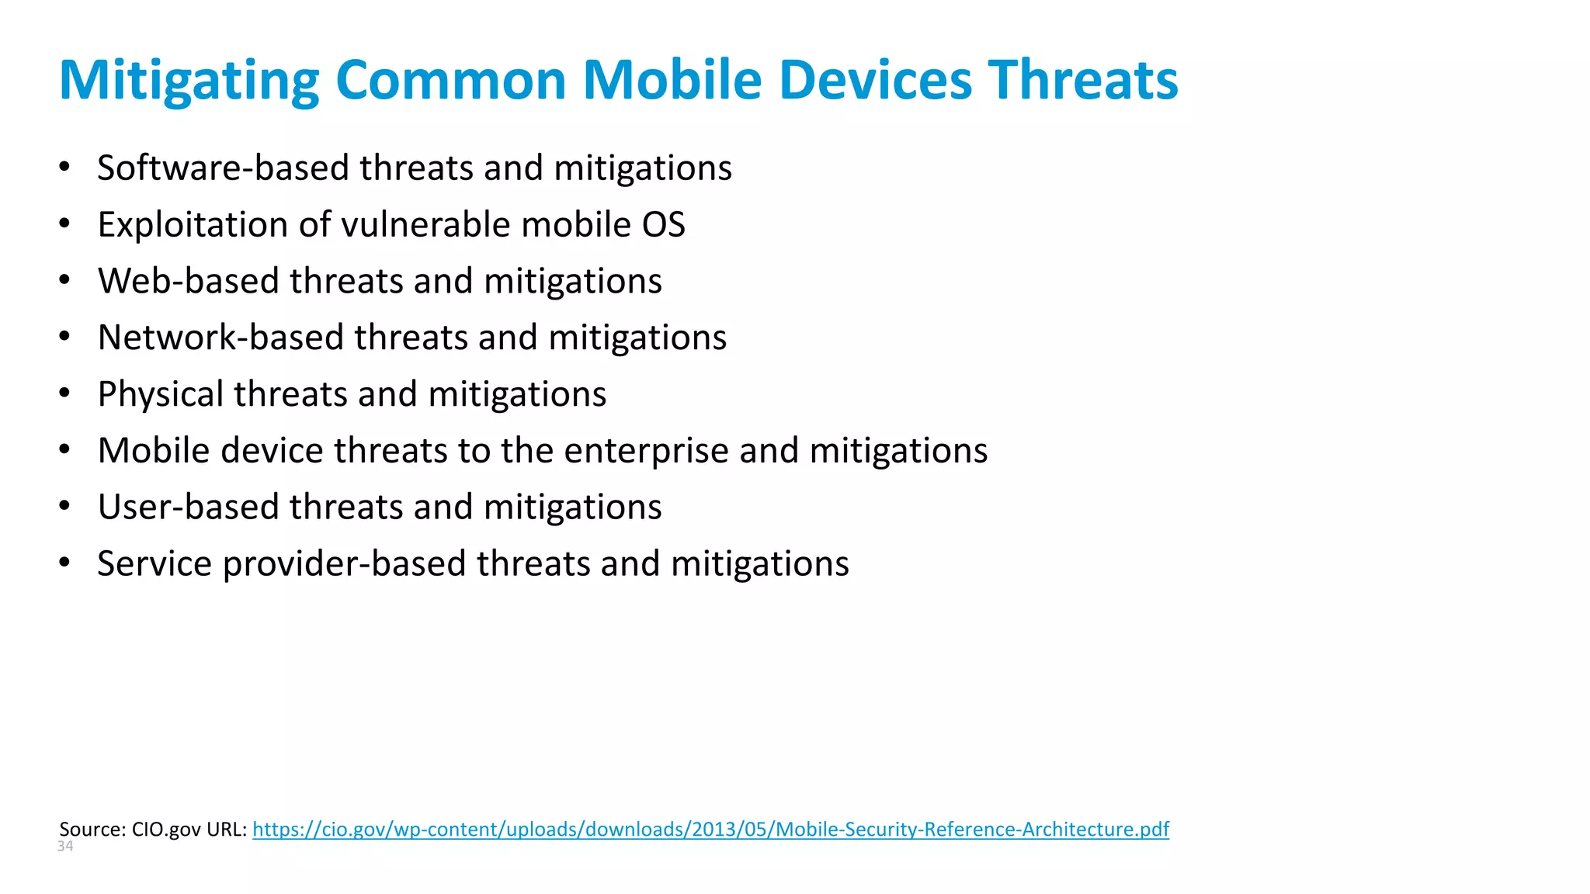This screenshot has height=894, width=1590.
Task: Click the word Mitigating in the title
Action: pyautogui.click(x=189, y=81)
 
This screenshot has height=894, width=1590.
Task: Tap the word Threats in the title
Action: pyautogui.click(x=1083, y=81)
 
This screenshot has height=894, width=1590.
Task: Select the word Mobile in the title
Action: pyautogui.click(x=672, y=81)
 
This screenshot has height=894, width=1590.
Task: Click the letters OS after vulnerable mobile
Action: pyautogui.click(x=663, y=225)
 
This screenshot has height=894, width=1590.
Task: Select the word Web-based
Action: pyautogui.click(x=188, y=281)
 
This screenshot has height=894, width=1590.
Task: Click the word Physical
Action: pyautogui.click(x=160, y=394)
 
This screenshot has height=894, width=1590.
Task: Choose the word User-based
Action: pyautogui.click(x=188, y=508)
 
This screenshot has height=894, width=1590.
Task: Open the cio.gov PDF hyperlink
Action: pyautogui.click(x=710, y=829)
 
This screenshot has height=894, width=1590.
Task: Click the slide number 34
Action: pyautogui.click(x=65, y=847)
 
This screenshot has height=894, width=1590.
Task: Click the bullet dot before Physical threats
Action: pyautogui.click(x=64, y=393)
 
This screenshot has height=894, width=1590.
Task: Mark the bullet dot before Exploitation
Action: pyautogui.click(x=64, y=224)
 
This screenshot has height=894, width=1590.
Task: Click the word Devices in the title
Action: pyautogui.click(x=875, y=81)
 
